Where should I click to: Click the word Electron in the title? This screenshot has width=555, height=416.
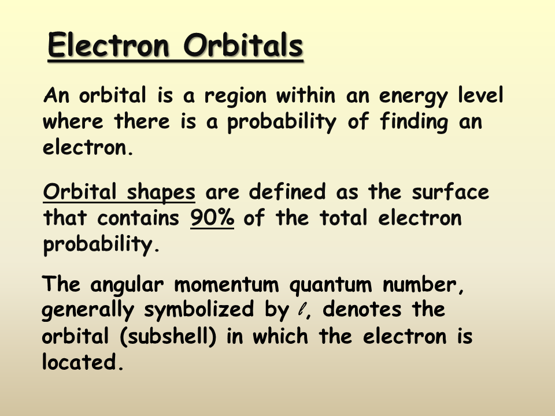tap(108, 45)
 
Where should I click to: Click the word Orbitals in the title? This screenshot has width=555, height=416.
tap(243, 45)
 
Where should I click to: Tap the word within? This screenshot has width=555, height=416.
tap(305, 95)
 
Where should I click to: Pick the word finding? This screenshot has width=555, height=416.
tap(414, 122)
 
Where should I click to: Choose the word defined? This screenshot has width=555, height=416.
tap(287, 191)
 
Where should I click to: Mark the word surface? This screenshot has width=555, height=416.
tap(450, 191)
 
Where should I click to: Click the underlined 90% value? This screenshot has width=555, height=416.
tap(212, 218)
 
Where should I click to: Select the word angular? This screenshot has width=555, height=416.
tap(127, 285)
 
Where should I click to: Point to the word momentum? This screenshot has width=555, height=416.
tap(227, 284)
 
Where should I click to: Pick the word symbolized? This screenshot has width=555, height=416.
tap(199, 310)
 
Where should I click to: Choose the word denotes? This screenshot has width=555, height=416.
tap(362, 309)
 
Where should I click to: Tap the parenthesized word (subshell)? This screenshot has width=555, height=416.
tap(168, 336)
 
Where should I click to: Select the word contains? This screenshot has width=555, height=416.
tap(138, 218)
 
